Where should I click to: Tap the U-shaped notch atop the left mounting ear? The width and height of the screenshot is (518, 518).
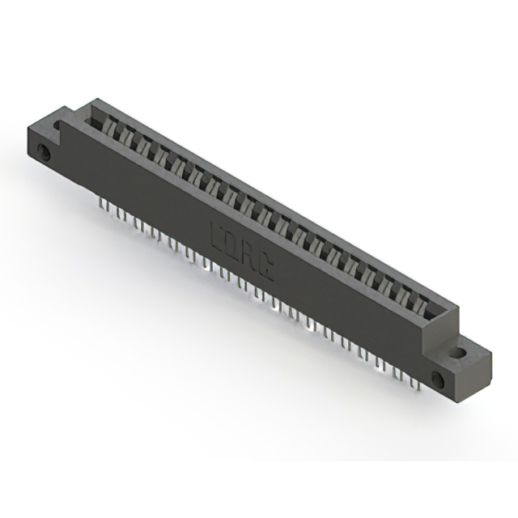(x=58, y=125)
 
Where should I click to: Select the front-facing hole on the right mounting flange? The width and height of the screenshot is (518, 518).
(x=438, y=379)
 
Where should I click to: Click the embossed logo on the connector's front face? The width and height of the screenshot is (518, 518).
(x=240, y=251)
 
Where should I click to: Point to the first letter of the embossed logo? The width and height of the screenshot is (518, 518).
(x=214, y=232)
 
